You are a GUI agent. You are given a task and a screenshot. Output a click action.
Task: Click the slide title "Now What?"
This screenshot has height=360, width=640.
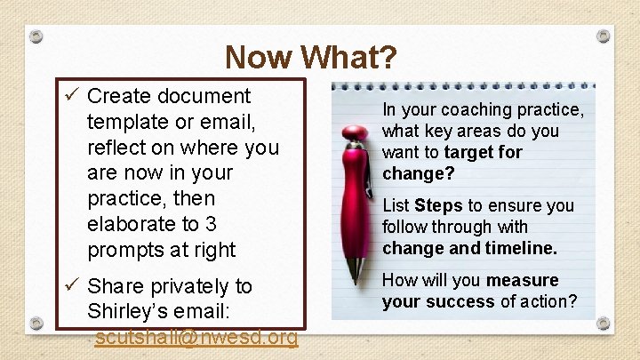click(310, 58)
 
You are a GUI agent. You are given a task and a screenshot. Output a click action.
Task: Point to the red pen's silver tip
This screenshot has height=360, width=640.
click(357, 272)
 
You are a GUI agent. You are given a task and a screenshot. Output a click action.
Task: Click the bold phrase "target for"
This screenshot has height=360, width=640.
click(484, 152)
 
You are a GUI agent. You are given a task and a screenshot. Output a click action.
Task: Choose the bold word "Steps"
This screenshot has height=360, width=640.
click(438, 205)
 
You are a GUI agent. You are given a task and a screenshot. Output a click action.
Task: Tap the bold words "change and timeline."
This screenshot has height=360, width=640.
click(469, 248)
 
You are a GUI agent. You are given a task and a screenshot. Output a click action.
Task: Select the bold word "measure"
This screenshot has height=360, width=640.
click(523, 280)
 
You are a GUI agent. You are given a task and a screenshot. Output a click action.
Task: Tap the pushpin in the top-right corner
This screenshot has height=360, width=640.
click(604, 35)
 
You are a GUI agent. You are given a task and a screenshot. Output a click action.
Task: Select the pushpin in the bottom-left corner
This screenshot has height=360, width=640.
click(36, 323)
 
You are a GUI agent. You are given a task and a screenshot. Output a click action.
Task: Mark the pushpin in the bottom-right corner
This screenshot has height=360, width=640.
click(604, 323)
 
